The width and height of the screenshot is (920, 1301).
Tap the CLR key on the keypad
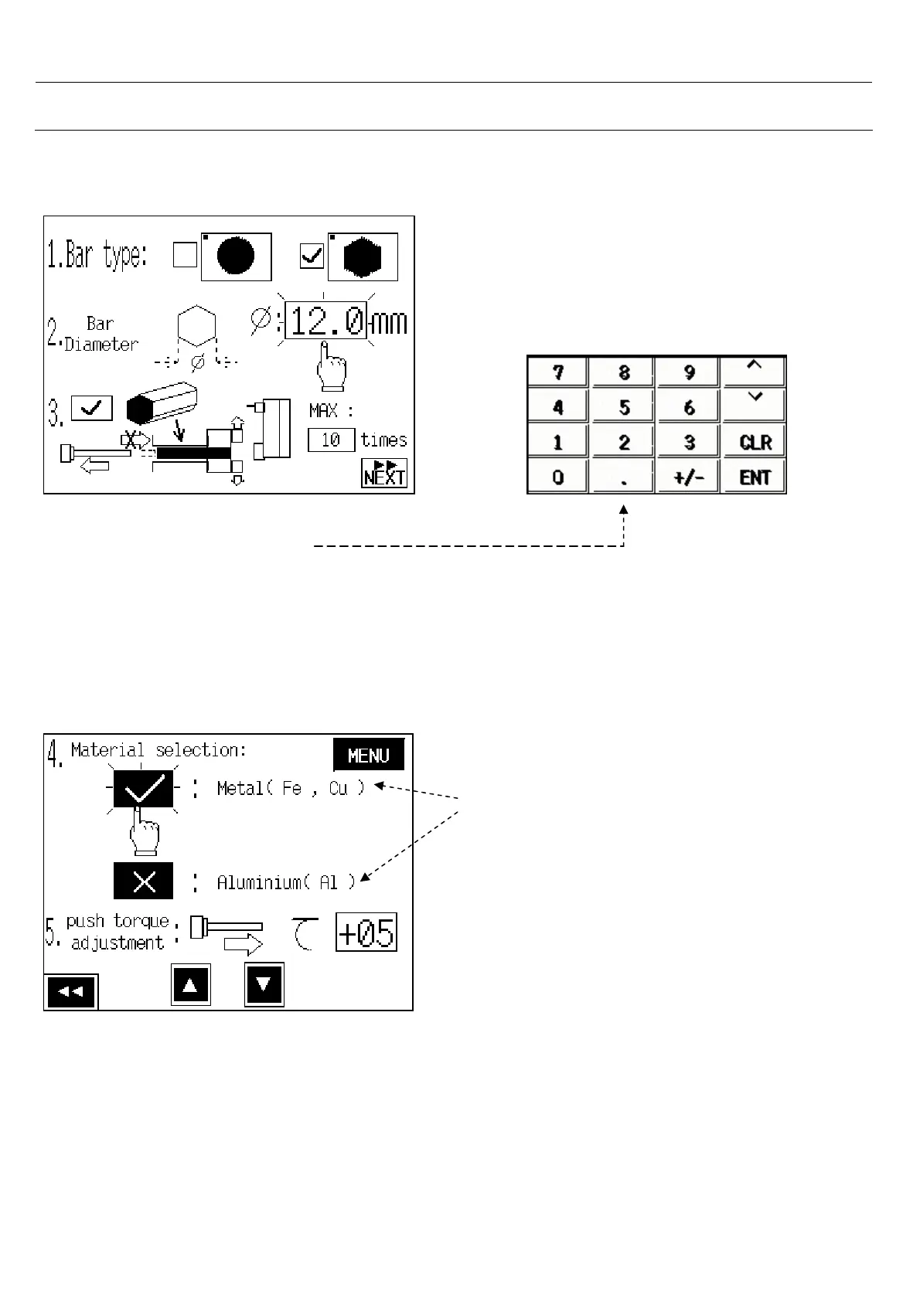click(755, 442)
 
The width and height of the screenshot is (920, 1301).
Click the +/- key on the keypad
click(688, 477)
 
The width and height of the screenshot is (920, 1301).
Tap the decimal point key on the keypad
click(623, 477)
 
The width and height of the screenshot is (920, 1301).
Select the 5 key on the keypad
click(623, 407)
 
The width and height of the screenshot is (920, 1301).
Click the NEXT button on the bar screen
click(384, 473)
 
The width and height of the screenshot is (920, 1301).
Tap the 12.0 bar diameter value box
click(325, 321)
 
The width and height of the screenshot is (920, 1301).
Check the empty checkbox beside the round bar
click(185, 256)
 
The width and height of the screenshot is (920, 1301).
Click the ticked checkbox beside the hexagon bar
click(312, 256)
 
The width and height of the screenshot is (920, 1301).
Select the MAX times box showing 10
click(331, 440)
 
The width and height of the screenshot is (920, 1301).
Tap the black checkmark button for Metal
click(144, 789)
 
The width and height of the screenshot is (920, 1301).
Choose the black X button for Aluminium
click(144, 881)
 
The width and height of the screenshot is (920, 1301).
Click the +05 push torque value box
click(366, 932)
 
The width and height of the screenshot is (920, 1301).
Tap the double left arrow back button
click(71, 992)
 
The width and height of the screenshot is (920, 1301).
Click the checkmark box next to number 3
click(92, 409)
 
